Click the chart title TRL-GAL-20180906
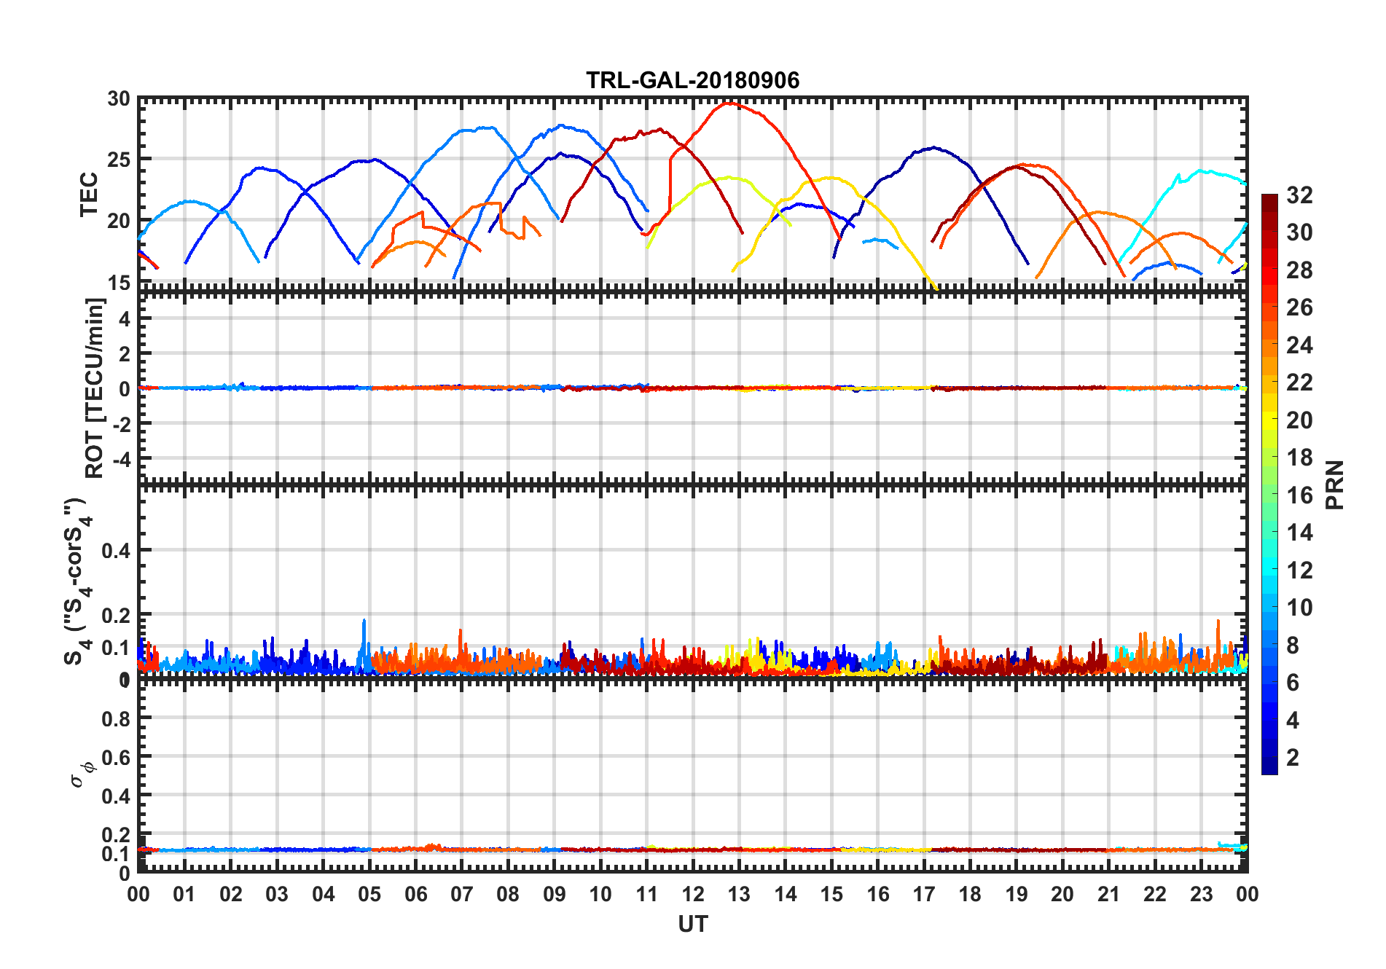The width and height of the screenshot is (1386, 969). [692, 80]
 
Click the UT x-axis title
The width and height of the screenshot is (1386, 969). [692, 924]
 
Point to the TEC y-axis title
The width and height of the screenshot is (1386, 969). [89, 194]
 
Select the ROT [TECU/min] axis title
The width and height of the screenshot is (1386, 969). [95, 388]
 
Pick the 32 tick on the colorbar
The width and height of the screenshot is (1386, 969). [1299, 195]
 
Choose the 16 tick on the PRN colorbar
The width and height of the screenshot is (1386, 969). [1299, 495]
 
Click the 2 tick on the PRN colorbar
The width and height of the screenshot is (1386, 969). [1293, 758]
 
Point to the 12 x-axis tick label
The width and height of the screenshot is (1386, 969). [692, 894]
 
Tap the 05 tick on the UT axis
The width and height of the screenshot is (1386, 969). [369, 894]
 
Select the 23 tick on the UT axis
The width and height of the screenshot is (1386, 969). [1201, 894]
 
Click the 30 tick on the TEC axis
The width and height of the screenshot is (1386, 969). [119, 99]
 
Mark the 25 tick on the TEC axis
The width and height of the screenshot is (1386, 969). [119, 160]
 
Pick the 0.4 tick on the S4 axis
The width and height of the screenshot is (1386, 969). [116, 551]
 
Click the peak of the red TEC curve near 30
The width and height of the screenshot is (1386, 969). [729, 103]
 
